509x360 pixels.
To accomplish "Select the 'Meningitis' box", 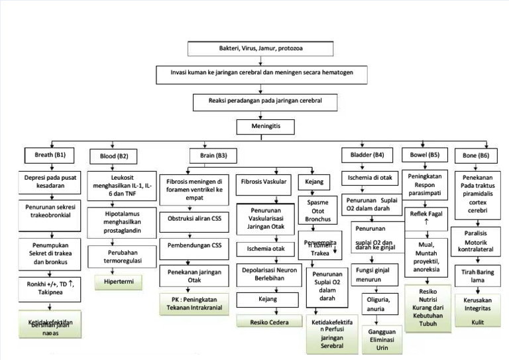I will tap(264, 127).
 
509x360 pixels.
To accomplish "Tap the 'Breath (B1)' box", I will tap(50, 156).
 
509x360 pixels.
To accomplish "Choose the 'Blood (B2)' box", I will tap(113, 156).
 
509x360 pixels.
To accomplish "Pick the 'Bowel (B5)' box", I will tap(424, 156).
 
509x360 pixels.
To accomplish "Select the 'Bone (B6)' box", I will tap(475, 156).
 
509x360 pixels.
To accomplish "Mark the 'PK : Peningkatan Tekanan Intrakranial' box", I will tap(194, 304).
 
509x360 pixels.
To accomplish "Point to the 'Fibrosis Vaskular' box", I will tap(264, 181).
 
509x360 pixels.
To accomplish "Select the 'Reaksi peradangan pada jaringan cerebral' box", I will tap(264, 102).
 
